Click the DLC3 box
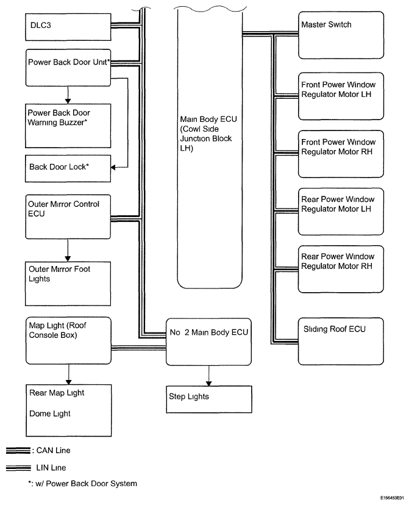click(x=68, y=27)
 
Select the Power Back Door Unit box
click(x=68, y=68)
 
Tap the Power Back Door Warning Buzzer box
click(x=68, y=126)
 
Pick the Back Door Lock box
click(x=68, y=168)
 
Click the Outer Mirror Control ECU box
click(x=68, y=217)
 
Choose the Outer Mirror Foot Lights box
click(x=68, y=284)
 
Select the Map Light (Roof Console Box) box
click(x=68, y=341)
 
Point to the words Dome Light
click(x=50, y=414)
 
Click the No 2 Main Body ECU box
click(x=209, y=342)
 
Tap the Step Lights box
click(x=209, y=399)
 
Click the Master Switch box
click(x=341, y=35)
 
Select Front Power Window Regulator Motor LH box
click(x=341, y=96)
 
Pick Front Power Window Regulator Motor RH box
click(x=341, y=154)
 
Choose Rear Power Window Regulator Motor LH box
click(x=341, y=212)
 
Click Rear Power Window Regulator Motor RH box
click(x=341, y=269)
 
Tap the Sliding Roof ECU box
click(x=341, y=342)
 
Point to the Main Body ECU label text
click(x=208, y=134)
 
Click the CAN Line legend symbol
click(x=18, y=451)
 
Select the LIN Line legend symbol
click(x=19, y=468)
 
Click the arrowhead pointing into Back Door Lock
click(x=113, y=168)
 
